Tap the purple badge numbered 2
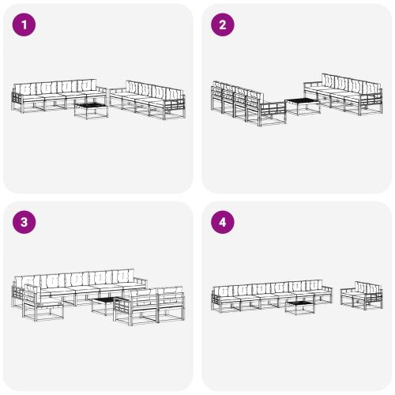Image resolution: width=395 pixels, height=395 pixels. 222,25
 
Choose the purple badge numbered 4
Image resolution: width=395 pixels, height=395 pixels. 222,223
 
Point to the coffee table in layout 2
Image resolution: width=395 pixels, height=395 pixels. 301,105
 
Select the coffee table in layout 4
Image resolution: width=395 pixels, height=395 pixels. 301,307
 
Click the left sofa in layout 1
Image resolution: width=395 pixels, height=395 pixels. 57,96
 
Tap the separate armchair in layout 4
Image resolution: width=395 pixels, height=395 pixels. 362,295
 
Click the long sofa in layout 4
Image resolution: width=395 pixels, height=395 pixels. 269,292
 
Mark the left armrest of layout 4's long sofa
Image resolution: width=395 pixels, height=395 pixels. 216,296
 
